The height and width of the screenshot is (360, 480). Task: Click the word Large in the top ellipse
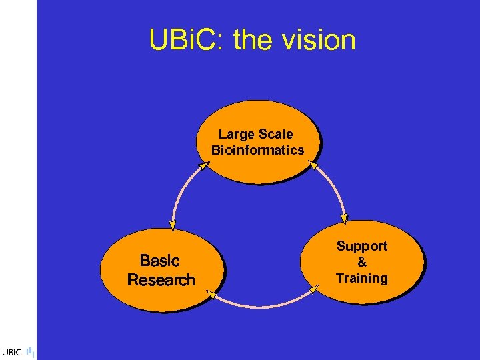pos(237,135)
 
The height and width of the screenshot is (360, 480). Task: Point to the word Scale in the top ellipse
pos(275,135)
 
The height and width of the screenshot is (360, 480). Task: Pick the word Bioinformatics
pos(257,150)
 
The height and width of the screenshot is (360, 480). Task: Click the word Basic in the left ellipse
pos(160,261)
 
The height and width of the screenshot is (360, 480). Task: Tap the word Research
pos(161,280)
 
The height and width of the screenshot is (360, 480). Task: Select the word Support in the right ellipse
pos(361,246)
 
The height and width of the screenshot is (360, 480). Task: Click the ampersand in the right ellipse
pos(362,262)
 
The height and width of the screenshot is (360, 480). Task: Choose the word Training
pos(361,278)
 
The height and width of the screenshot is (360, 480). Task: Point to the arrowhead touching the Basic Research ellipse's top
pos(172,226)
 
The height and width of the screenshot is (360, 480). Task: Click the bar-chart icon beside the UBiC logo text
pos(31,351)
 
